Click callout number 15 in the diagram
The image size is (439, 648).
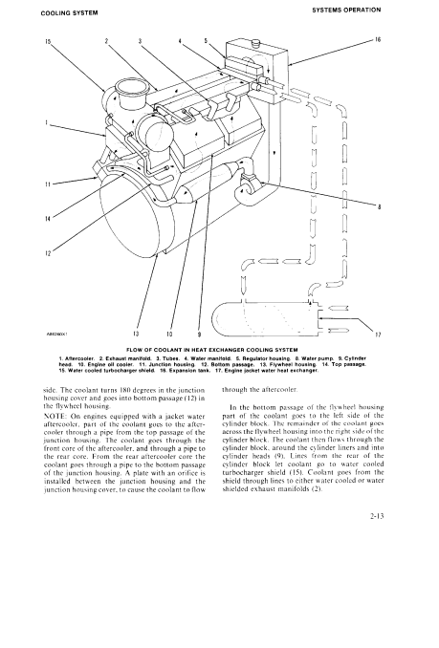pos(48,41)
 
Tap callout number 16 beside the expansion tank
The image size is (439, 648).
pos(378,40)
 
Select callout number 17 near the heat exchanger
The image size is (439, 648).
pos(378,335)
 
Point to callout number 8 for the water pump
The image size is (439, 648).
pos(379,207)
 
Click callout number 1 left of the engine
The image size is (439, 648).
pos(47,122)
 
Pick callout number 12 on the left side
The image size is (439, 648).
pos(48,253)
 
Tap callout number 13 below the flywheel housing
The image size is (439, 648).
pos(136,334)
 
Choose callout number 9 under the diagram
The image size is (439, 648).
pos(199,334)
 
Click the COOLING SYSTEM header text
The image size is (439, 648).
pos(70,12)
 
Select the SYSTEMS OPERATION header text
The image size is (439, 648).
pos(346,10)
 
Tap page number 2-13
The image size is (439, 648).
pos(378,515)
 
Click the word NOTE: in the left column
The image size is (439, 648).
pos(53,416)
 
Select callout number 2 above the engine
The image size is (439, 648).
pos(106,41)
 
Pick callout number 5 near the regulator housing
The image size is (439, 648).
pos(206,40)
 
